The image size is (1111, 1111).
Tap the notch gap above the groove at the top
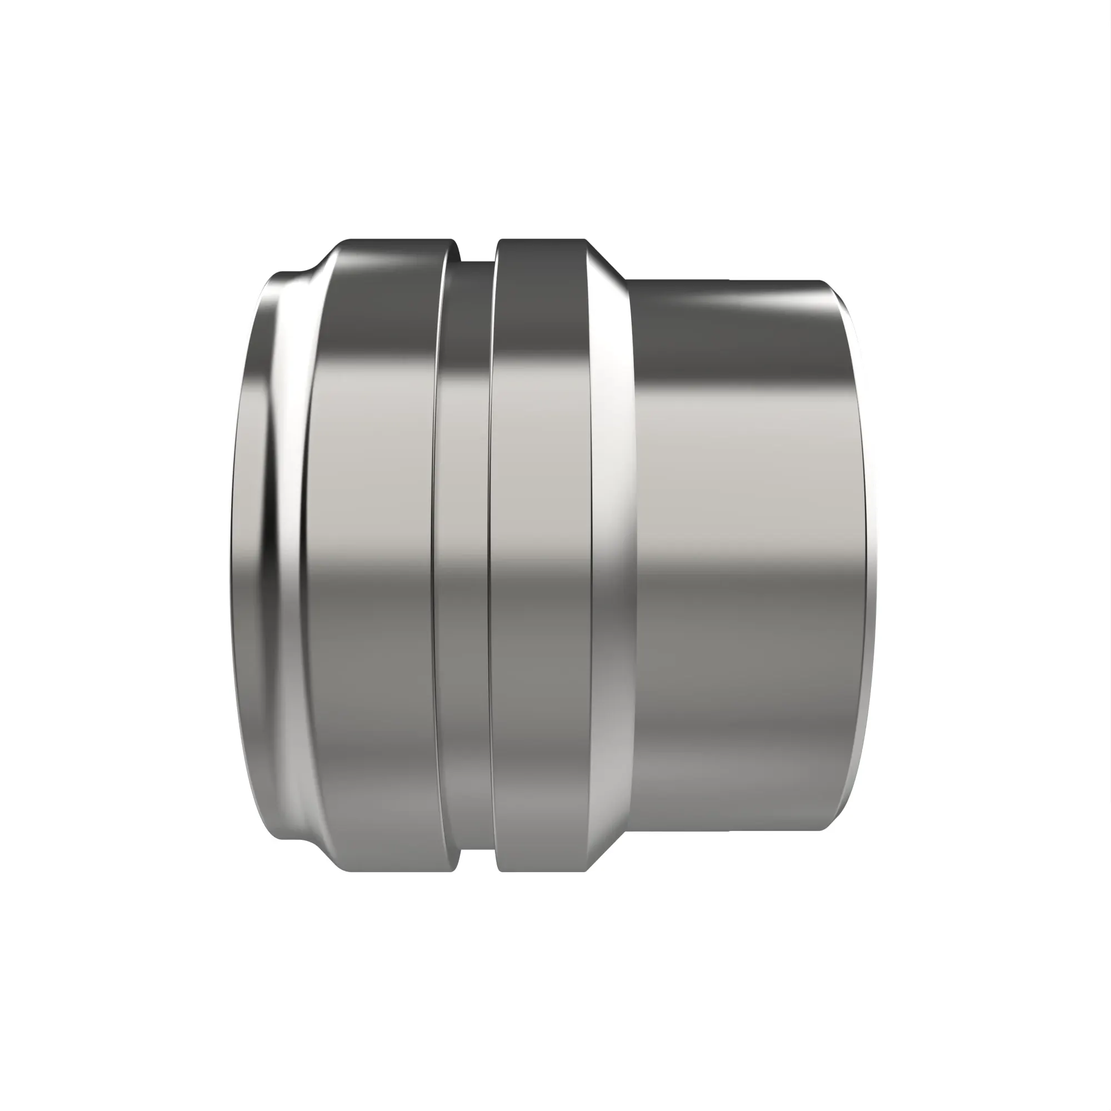point(478,251)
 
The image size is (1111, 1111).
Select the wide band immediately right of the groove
point(541,555)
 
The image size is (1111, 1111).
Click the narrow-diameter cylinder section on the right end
point(748,555)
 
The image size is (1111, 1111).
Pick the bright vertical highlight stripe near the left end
point(288,555)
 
